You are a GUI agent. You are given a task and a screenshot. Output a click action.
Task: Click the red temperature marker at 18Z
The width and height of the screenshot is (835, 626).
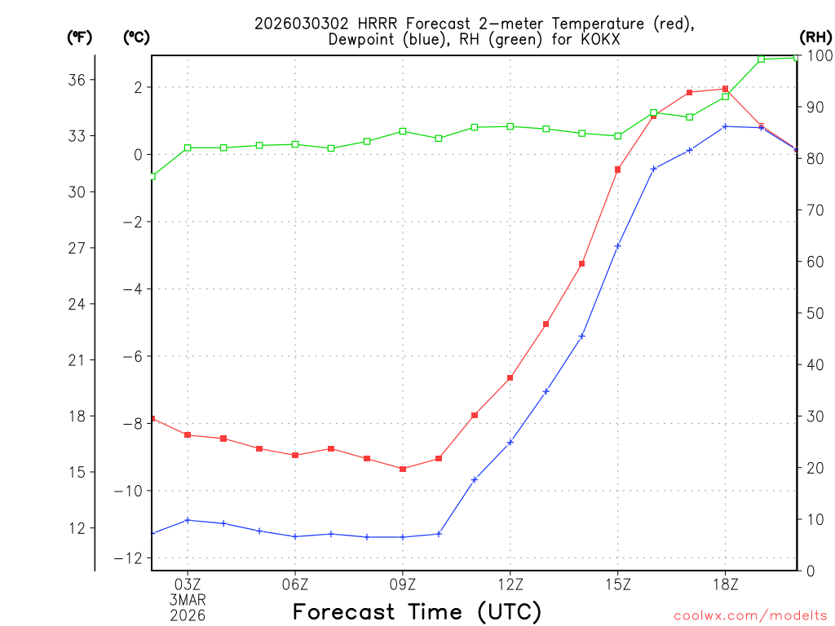[725, 89]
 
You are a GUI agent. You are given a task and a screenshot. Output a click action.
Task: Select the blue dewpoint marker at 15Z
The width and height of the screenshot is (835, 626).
[617, 245]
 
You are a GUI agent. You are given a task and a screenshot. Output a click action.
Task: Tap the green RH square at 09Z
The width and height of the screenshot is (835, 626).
[402, 131]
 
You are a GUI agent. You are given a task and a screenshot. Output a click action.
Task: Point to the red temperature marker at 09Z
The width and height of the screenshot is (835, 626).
[402, 469]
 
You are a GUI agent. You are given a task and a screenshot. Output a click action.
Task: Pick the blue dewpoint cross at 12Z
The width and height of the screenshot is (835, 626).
[510, 443]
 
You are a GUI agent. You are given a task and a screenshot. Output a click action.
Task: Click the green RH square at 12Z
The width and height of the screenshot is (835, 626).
[510, 126]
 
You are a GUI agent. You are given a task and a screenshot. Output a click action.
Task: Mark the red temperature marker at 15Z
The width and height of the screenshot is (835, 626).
[617, 170]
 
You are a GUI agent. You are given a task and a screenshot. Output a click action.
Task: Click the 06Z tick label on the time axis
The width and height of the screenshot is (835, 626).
[294, 584]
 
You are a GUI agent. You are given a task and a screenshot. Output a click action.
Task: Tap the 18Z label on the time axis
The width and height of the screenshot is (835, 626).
[725, 584]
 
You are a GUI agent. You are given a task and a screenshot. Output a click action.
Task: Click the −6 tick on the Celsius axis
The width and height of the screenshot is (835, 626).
[132, 356]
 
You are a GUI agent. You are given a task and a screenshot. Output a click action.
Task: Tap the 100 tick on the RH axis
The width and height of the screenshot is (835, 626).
[815, 55]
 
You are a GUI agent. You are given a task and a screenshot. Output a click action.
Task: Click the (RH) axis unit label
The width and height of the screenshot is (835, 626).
[815, 37]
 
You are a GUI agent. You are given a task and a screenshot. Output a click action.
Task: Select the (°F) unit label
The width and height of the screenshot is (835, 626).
[80, 37]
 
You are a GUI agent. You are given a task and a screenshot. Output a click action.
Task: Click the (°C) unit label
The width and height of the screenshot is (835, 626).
[137, 37]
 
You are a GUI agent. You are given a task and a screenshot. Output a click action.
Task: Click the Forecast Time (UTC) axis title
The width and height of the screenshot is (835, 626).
[417, 611]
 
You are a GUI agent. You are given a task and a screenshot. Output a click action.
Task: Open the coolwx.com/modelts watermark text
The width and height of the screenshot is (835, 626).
[750, 615]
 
